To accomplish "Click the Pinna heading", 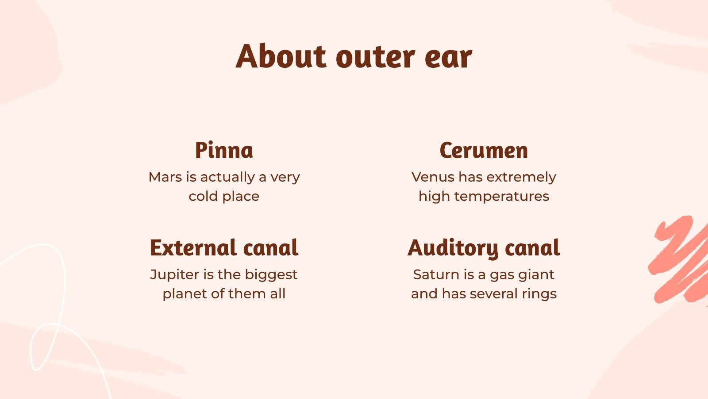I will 224,150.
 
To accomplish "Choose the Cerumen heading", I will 484,151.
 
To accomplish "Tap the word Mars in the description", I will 165,177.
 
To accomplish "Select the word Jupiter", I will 174,275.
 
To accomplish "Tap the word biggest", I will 271,275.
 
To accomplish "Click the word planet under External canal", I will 184,294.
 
